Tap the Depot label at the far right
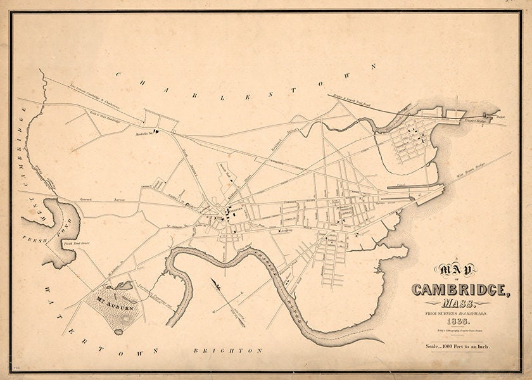501,117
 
